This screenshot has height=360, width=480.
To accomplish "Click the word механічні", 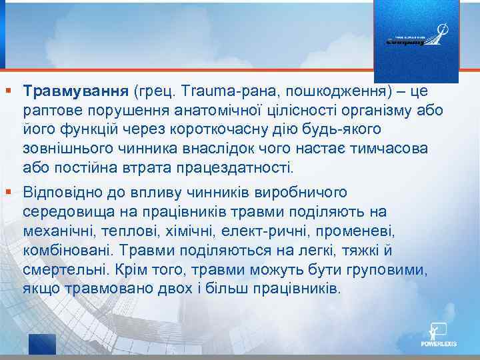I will coord(57,231).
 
